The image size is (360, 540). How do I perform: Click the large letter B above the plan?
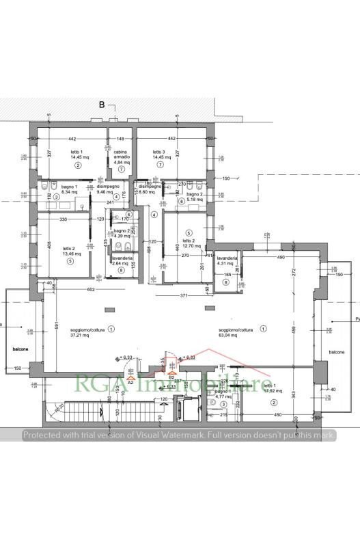102,105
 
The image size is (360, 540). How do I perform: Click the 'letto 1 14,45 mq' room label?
77,154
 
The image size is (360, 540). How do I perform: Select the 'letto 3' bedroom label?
159,154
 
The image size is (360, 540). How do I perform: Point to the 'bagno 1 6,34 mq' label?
69,189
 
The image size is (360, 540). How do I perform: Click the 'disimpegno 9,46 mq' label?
108,189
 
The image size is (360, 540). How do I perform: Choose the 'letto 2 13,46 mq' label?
69,251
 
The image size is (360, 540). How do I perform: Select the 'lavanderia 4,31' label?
227,260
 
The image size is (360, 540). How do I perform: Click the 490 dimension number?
280,257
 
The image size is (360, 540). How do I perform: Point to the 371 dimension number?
184,295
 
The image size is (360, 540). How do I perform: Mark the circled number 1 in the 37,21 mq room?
111,329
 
